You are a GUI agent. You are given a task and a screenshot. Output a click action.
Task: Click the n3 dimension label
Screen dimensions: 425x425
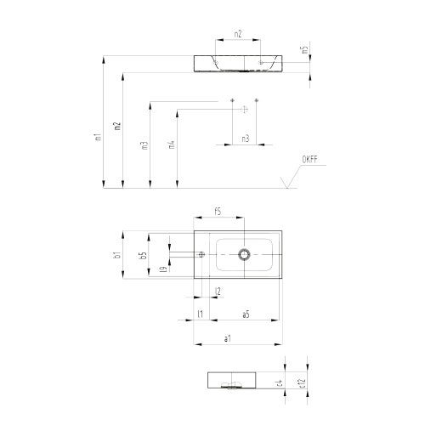[x=245, y=138]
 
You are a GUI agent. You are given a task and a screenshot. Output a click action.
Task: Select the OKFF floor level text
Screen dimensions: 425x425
[x=309, y=160]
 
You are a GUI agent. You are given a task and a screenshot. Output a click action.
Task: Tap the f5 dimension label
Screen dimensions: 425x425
[x=218, y=211]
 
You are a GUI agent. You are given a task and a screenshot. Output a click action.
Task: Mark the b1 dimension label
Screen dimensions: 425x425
[x=118, y=253]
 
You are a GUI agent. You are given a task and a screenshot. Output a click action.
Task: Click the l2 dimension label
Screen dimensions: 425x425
[x=218, y=292]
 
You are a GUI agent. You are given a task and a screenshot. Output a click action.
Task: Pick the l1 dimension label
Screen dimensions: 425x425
[x=199, y=314]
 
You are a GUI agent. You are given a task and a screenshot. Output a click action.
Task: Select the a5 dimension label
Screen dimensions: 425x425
[x=246, y=314]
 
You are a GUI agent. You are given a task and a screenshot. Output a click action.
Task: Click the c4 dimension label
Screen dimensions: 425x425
[x=280, y=384]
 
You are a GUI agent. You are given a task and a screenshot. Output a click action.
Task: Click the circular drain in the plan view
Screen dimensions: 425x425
[x=245, y=254]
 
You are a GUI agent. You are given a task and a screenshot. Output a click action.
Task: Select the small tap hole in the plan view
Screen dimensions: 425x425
[x=202, y=254]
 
